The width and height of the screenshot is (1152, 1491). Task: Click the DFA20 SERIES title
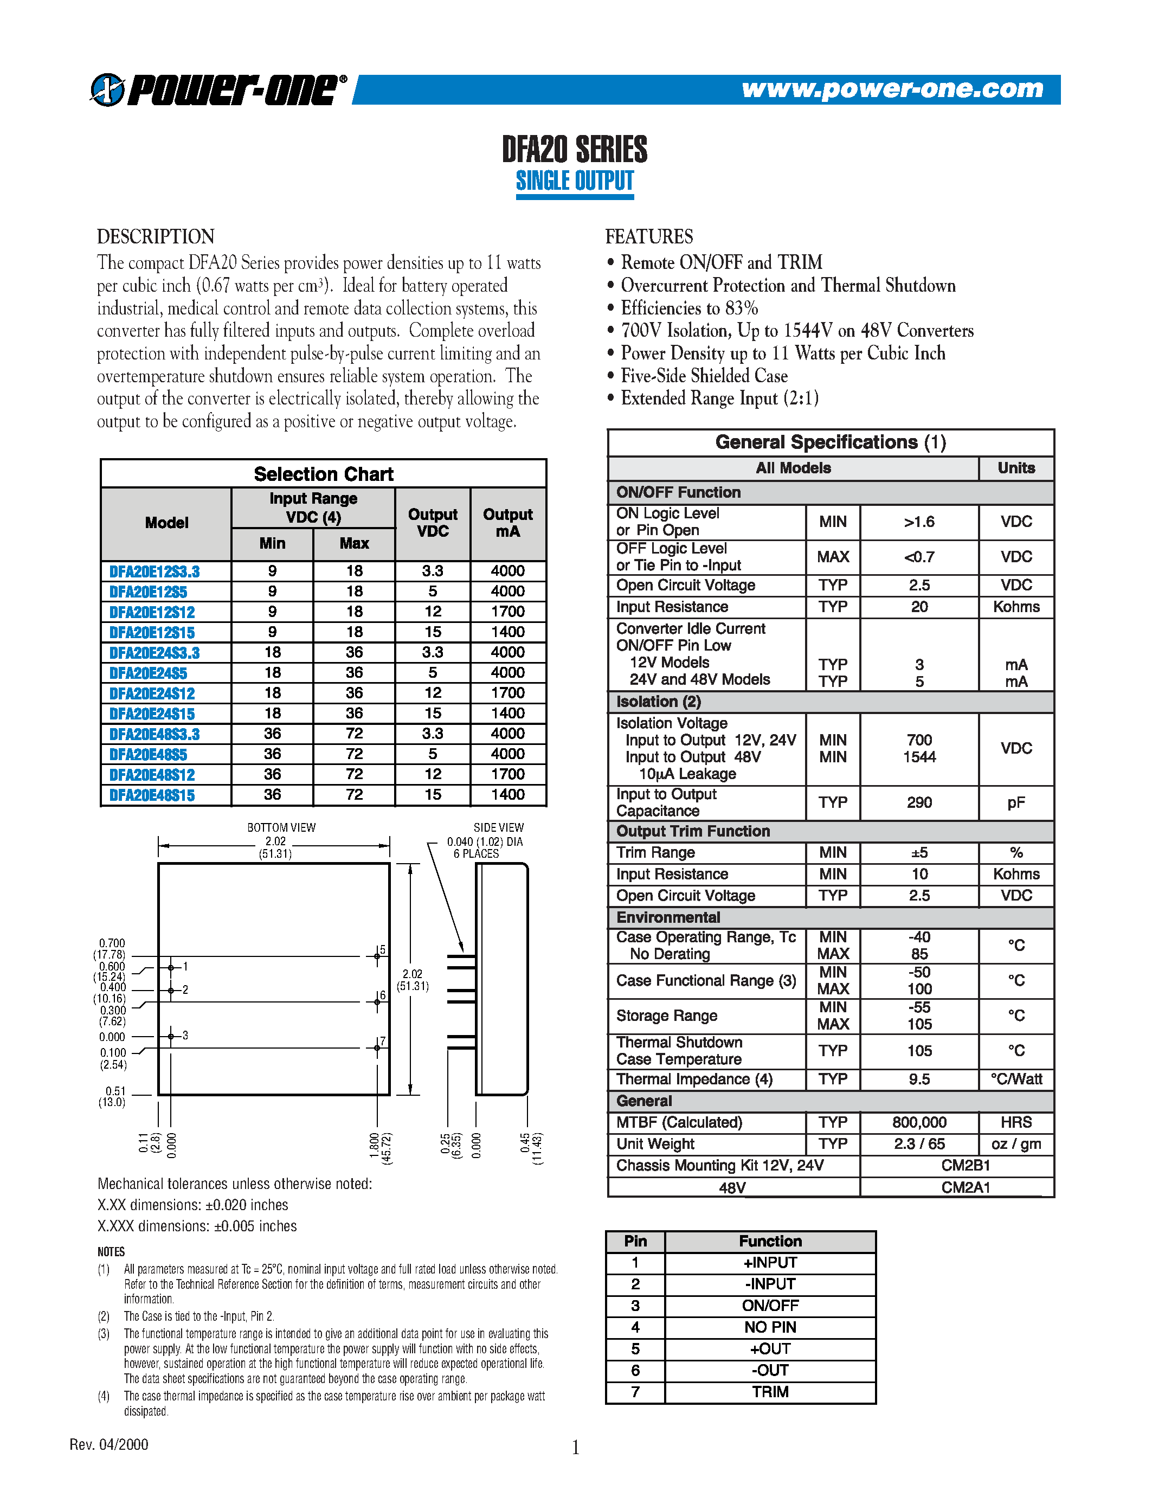pos(575,150)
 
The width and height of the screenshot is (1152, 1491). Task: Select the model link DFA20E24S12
pos(152,693)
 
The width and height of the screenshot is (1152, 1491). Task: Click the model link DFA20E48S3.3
pos(155,735)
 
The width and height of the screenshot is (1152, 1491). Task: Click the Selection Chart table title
pos(324,474)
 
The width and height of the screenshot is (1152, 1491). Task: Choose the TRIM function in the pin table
pos(770,1392)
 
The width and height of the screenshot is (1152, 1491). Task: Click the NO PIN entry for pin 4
pos(770,1327)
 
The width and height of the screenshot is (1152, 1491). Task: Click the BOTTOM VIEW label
pos(281,827)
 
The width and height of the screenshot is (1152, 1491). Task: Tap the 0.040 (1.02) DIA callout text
pos(485,842)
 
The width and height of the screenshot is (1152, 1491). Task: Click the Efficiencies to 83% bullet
pos(688,308)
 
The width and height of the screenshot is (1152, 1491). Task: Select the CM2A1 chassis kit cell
pos(965,1187)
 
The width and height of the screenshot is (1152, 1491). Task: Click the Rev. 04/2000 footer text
pos(109,1444)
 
